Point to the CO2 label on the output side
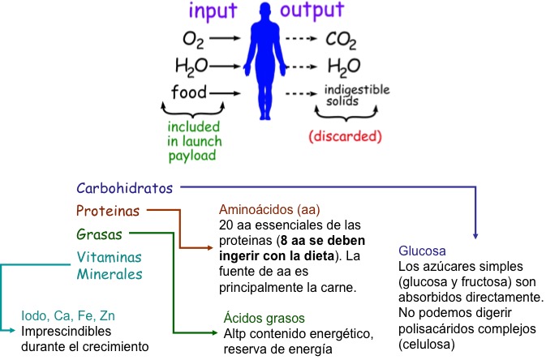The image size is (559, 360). pos(342,39)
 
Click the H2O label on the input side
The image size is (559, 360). pos(191,66)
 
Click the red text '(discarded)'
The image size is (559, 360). pos(346,136)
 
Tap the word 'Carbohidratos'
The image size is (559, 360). pos(125,188)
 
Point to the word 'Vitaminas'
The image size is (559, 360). pos(109,257)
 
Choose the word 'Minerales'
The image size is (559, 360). pos(110,274)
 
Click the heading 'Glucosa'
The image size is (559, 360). pos(424,250)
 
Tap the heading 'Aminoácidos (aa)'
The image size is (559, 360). pos(265,209)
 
